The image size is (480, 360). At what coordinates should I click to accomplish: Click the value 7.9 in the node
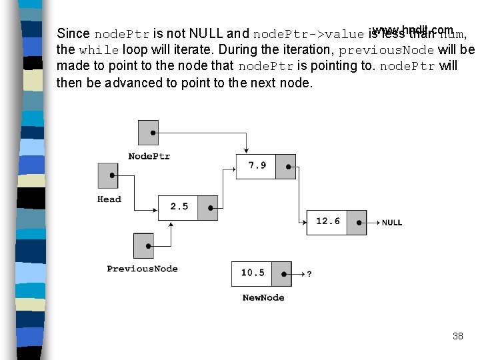click(257, 165)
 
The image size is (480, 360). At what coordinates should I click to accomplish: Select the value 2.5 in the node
click(179, 207)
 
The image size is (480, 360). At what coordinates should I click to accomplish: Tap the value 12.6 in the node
click(327, 221)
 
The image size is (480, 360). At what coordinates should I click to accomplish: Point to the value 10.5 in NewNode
click(253, 273)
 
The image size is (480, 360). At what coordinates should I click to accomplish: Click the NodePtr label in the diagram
click(149, 156)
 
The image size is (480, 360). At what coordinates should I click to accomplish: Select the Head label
click(109, 199)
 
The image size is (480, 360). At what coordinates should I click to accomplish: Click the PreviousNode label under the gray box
click(142, 269)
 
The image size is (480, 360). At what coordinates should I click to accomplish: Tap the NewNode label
click(263, 297)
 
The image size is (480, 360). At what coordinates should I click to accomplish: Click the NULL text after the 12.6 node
click(392, 223)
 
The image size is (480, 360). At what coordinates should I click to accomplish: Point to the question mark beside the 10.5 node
click(309, 273)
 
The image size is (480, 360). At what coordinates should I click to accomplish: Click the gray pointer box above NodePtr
click(148, 133)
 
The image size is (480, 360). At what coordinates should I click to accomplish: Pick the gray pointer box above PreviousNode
click(143, 245)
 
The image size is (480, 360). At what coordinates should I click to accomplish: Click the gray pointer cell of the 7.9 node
click(285, 166)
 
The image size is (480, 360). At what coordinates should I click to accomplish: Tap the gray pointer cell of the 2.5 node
click(208, 207)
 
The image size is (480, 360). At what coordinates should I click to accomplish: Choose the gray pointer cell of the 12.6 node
click(357, 222)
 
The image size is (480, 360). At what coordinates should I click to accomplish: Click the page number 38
click(457, 336)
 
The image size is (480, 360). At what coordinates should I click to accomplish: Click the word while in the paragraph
click(99, 50)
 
